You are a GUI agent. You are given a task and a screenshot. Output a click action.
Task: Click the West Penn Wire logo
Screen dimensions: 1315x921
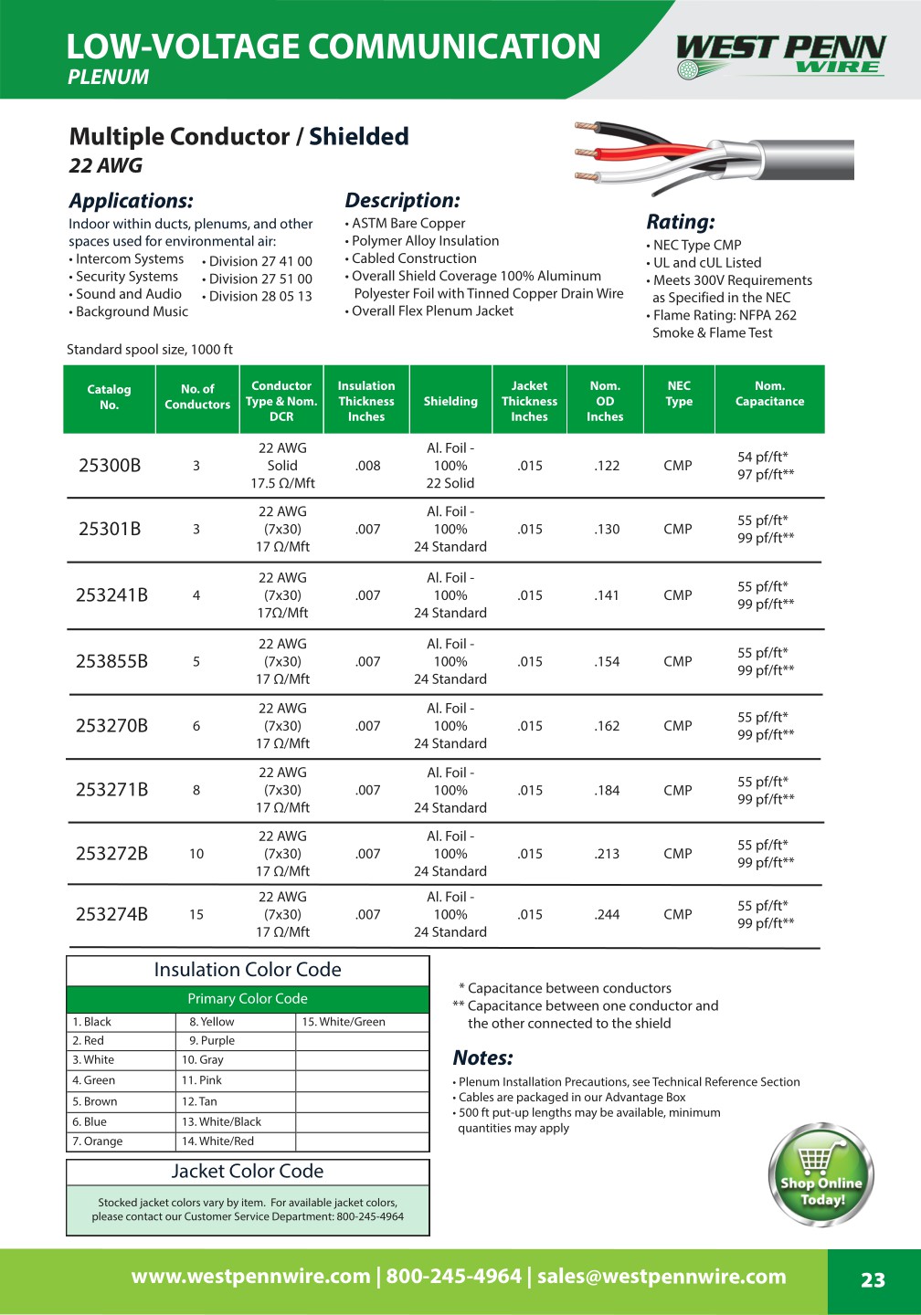780,55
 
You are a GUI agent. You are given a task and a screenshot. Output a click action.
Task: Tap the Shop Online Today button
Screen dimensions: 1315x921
820,1175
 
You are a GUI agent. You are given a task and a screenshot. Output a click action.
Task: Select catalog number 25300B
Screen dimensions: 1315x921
110,466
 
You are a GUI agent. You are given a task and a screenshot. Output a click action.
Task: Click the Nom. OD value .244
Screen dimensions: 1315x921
607,914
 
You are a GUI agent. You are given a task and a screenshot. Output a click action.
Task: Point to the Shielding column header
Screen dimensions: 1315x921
450,401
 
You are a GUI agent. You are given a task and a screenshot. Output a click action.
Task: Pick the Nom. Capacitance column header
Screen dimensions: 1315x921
769,394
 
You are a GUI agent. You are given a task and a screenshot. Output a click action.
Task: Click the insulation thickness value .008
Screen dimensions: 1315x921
368,466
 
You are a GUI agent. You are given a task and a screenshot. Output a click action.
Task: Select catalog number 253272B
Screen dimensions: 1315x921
111,854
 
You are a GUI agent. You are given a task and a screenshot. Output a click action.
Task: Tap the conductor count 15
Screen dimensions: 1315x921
196,914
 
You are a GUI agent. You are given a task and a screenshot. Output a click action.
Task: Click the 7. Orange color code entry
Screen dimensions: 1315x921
98,1141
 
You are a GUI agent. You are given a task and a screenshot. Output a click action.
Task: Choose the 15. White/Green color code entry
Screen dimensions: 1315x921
344,1022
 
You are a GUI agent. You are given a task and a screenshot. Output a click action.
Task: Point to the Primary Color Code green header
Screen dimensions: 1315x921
248,999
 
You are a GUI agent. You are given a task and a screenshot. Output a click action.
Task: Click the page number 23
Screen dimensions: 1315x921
873,1280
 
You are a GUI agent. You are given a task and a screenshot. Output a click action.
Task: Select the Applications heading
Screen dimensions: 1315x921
132,201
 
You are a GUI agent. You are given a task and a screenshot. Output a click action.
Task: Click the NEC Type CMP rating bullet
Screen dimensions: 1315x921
696,245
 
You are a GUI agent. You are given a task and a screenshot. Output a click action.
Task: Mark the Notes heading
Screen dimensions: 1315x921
482,1057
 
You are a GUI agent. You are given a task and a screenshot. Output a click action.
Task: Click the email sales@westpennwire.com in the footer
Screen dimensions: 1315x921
662,1277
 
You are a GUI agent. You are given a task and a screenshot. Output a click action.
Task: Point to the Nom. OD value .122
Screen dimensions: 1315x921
607,466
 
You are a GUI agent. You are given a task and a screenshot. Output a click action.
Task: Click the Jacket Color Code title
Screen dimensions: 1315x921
248,1172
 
